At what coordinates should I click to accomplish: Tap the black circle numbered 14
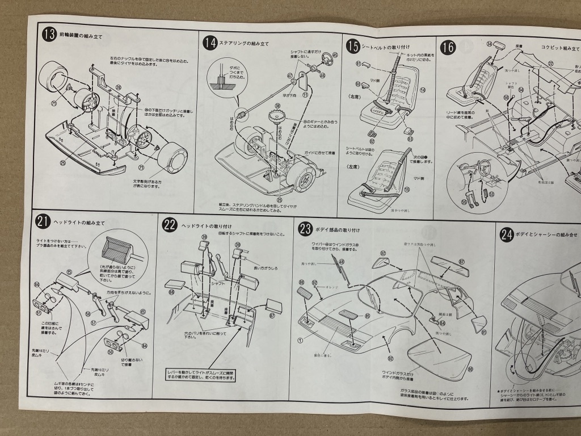point(210,43)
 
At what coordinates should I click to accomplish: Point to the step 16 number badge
point(448,47)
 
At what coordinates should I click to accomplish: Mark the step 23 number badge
point(306,229)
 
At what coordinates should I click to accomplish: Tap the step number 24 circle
point(507,234)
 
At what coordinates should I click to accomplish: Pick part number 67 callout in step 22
point(272,316)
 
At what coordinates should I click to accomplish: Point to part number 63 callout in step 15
point(410,139)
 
